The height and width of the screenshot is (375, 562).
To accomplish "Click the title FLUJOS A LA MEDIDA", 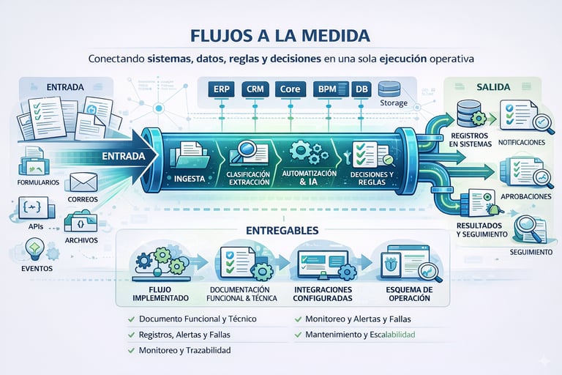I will point(280,35).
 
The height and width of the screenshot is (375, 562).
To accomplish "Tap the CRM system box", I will point(255,89).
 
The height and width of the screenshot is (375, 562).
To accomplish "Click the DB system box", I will point(361,89).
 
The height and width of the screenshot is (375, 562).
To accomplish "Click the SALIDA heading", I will point(492,86).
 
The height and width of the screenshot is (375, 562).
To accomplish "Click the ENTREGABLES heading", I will point(281,231).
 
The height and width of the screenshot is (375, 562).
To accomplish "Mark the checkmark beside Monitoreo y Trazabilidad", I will point(130,351).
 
